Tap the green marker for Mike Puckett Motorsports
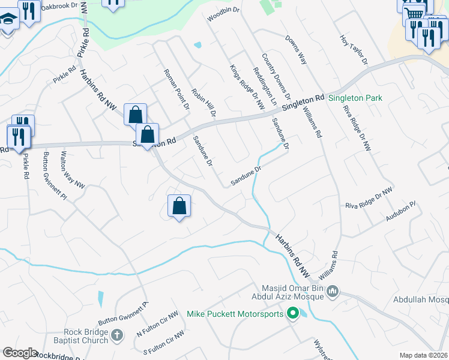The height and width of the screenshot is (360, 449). point(293,313)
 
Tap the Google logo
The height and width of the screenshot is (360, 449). point(20,353)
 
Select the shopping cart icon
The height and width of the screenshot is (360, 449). point(413,12)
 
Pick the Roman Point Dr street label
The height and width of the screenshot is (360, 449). point(176,89)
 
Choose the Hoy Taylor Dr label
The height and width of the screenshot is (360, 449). point(353,49)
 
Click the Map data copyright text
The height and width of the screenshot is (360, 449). point(423,355)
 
